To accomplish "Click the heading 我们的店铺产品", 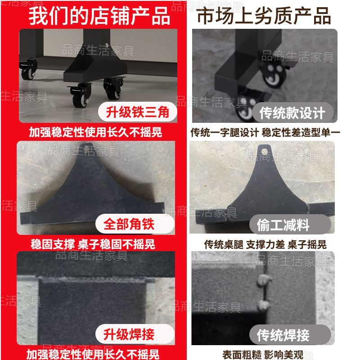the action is [x=99, y=16].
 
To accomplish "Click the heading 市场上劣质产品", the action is [x=264, y=16].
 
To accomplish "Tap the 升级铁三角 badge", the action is [x=138, y=112].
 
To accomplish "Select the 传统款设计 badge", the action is [x=292, y=112].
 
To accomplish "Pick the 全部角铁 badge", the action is [x=135, y=224].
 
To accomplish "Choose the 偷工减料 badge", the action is [x=290, y=224].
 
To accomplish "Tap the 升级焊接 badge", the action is [x=135, y=334].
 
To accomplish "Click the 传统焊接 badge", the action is [x=290, y=335].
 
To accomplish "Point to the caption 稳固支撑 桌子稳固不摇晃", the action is [x=93, y=244].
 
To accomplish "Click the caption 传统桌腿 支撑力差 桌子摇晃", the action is [x=265, y=244].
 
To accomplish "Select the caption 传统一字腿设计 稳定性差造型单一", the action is [x=265, y=132].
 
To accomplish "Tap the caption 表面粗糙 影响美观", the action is [x=263, y=355].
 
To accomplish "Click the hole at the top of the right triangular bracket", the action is [x=265, y=152].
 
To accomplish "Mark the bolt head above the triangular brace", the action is [x=106, y=45].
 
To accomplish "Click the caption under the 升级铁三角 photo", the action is [x=95, y=132].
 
